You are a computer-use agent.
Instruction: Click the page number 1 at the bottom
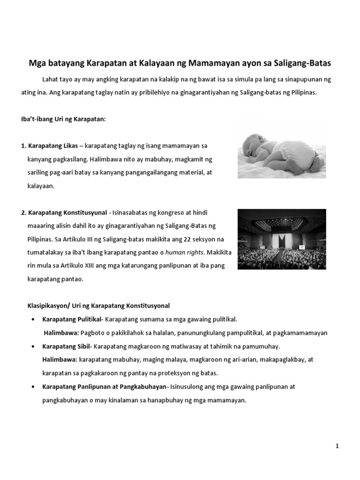tap(337, 447)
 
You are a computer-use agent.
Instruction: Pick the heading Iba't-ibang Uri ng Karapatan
tap(63, 120)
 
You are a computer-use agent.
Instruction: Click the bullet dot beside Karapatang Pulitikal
tap(32, 320)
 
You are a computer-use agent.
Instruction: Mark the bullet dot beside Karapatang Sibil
tap(32, 346)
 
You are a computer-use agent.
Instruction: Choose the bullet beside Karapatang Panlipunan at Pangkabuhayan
tap(32, 387)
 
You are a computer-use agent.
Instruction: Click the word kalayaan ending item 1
tap(41, 186)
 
